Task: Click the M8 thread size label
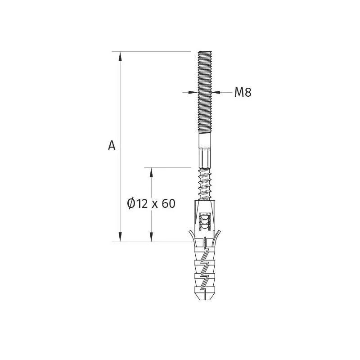(x=243, y=92)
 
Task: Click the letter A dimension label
(x=112, y=145)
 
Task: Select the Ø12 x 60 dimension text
(x=151, y=204)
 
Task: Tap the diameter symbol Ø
(x=131, y=204)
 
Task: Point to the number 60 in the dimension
(x=168, y=204)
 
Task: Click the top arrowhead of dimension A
(x=120, y=56)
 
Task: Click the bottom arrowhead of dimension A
(x=120, y=237)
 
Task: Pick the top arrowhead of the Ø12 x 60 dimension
(x=151, y=172)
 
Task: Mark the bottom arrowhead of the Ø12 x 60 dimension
(x=151, y=237)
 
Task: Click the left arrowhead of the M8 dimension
(x=193, y=92)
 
